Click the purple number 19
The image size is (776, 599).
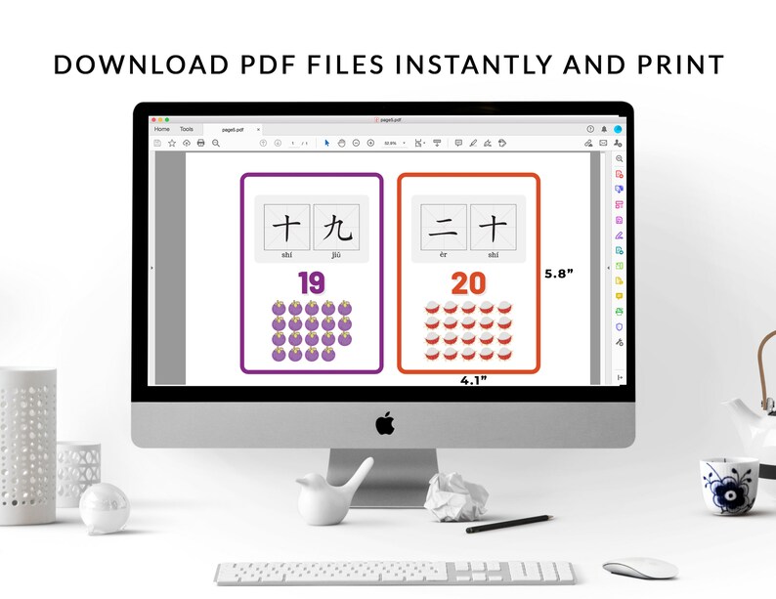coord(311,283)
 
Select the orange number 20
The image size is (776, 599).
coord(468,283)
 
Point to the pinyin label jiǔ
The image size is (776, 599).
coord(336,254)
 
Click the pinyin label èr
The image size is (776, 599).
coord(443,254)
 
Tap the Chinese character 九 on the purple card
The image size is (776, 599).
coord(336,228)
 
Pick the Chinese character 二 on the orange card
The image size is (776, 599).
coord(443,228)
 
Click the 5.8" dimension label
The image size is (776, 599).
coord(558,274)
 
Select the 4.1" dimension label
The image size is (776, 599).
coord(473,381)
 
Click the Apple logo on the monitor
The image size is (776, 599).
coord(384,423)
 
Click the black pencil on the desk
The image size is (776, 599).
coord(508,524)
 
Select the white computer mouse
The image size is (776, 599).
coord(639,568)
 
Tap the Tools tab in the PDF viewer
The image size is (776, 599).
coord(186,129)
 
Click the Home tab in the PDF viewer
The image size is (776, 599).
coord(161,129)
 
